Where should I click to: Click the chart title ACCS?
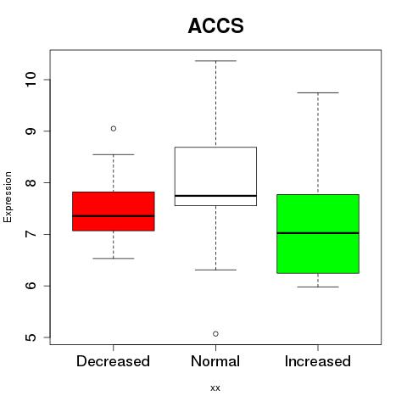pos(215,25)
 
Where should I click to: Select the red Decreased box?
pos(114,211)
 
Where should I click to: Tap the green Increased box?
pos(318,234)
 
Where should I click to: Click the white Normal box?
pos(215,176)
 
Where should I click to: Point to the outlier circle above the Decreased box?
pos(114,129)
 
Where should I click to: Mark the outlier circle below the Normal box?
pos(215,334)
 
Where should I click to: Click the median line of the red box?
pos(114,216)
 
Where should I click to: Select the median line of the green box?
pos(318,233)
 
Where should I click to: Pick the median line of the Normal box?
pos(215,196)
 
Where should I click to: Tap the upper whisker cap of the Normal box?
pos(215,61)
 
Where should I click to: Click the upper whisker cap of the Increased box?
pos(318,92)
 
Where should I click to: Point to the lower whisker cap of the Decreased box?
pos(114,259)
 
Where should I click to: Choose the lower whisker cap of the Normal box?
pos(215,270)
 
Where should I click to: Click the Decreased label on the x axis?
pos(113,361)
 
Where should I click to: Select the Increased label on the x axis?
pos(318,361)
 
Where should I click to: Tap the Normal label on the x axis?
pos(215,361)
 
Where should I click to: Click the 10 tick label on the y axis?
pos(31,80)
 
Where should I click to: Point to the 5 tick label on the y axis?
pos(31,337)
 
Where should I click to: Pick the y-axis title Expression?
pos(8,197)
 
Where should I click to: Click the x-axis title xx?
pos(215,388)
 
